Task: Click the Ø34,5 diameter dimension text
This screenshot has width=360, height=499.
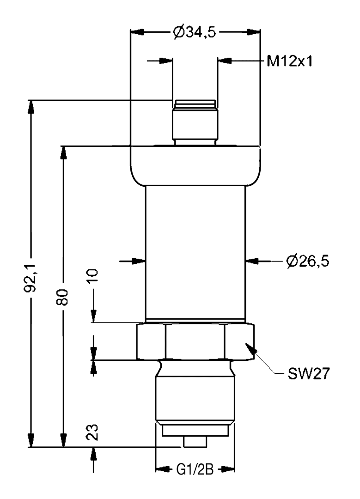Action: (x=195, y=32)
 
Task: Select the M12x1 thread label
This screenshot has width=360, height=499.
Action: (x=290, y=61)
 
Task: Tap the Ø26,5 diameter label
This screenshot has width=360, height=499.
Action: (x=307, y=261)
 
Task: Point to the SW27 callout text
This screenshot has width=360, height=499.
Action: (x=308, y=373)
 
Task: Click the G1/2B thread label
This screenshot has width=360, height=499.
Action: (x=195, y=469)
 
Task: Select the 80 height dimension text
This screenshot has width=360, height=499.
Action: (x=63, y=297)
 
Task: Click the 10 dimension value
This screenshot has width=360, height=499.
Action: (x=93, y=277)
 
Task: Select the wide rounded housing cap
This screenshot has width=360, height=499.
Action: (x=195, y=165)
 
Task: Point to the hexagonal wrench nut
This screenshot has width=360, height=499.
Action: (x=195, y=341)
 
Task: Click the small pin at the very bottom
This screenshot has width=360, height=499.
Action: (x=195, y=441)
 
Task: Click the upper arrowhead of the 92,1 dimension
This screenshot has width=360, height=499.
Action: (x=31, y=107)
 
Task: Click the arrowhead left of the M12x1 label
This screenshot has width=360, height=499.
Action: (x=225, y=61)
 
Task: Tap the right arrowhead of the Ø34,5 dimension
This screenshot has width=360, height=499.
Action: (x=254, y=32)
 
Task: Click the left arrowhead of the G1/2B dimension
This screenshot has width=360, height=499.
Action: (x=162, y=469)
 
